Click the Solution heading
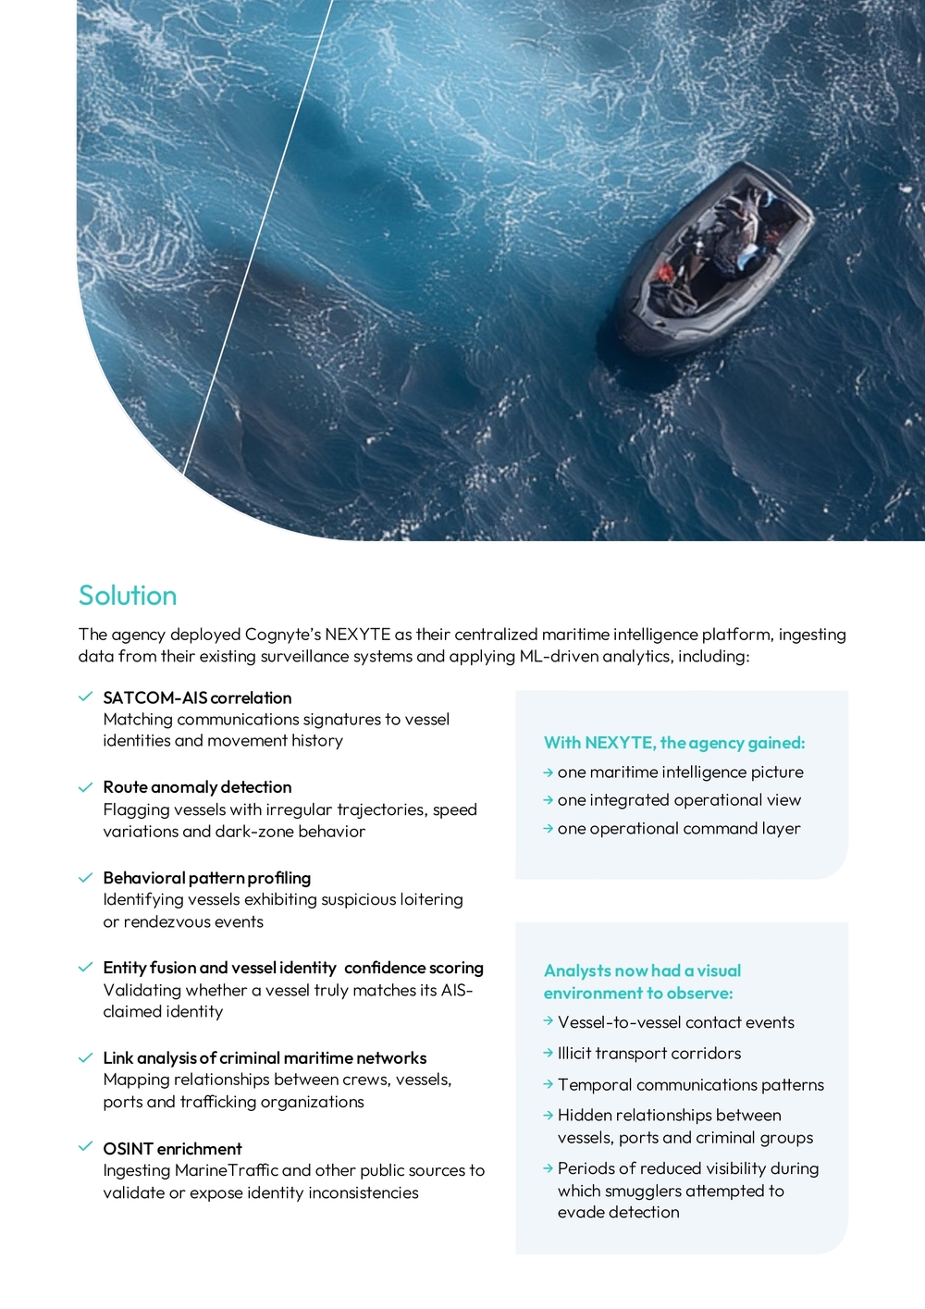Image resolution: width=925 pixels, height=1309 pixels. click(x=128, y=596)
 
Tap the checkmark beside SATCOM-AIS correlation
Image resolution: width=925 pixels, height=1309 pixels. click(x=86, y=697)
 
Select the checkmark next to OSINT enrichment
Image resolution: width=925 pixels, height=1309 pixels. click(x=86, y=1147)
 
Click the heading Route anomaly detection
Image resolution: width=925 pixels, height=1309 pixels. click(x=197, y=787)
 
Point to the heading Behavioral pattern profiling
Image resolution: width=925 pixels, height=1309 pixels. click(x=206, y=878)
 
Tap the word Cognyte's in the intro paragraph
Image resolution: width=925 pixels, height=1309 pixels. click(x=282, y=635)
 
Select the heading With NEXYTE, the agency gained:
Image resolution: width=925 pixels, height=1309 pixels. click(x=674, y=743)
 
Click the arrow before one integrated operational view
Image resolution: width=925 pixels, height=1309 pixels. click(x=549, y=801)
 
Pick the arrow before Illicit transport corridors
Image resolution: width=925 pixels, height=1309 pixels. click(x=549, y=1054)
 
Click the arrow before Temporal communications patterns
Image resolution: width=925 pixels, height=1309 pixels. click(x=549, y=1085)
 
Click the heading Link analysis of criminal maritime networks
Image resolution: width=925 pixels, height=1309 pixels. click(x=265, y=1058)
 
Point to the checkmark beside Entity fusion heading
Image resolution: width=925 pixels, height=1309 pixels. click(x=86, y=968)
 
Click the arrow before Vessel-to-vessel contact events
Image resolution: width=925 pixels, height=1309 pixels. click(x=549, y=1022)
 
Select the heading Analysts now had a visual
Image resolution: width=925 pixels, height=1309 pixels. click(x=642, y=971)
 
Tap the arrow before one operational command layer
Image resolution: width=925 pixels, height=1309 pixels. click(x=549, y=829)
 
